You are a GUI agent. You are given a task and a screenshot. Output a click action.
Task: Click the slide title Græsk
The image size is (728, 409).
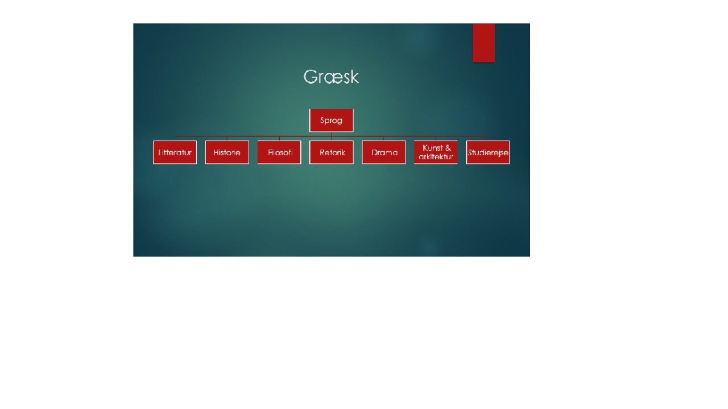tap(331, 77)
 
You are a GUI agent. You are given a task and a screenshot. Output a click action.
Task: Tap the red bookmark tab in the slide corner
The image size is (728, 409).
tap(483, 43)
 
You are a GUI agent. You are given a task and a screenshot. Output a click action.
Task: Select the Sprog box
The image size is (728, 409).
tap(331, 121)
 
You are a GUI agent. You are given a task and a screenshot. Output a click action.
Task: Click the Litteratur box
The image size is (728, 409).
tap(175, 152)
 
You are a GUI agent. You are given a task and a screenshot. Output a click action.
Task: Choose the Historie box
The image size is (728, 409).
tap(227, 152)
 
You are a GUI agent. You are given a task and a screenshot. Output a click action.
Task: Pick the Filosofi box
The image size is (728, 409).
tap(279, 152)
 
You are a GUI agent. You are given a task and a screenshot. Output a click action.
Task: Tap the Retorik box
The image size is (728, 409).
tap(332, 152)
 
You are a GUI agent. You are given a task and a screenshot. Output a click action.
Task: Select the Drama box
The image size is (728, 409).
tap(384, 152)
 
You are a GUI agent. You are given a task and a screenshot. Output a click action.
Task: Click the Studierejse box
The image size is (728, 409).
tap(488, 152)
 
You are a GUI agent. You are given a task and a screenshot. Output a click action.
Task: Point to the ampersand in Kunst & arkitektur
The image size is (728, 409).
tap(448, 148)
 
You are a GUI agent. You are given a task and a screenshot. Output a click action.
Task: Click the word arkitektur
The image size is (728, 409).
tap(436, 156)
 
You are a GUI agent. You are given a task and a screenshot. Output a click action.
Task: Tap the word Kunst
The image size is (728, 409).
tap(432, 148)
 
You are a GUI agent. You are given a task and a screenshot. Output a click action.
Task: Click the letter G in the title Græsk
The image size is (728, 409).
tap(310, 77)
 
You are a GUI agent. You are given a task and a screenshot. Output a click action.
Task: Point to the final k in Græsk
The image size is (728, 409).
tap(355, 77)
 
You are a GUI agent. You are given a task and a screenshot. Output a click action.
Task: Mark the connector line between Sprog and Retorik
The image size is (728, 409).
tap(331, 136)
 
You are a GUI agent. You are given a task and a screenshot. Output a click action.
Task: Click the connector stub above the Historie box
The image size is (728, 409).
tap(227, 138)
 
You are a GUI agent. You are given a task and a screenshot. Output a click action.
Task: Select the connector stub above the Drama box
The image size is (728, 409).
tap(383, 138)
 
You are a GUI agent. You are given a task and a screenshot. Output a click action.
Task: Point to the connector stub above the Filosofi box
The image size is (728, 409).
tap(279, 138)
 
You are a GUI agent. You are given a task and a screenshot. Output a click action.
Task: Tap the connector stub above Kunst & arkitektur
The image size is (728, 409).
tap(436, 138)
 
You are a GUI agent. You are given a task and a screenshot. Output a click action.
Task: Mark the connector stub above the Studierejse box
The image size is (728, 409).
tap(488, 138)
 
